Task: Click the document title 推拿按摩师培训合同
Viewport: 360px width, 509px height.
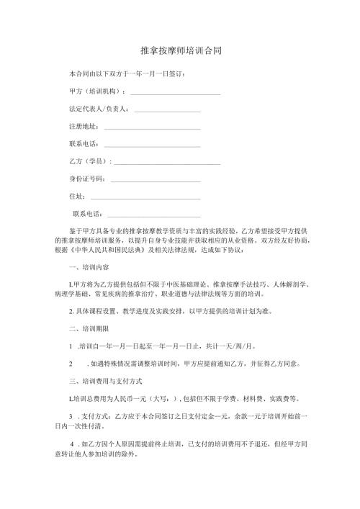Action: point(180,52)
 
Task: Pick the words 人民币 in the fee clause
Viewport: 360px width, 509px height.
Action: point(128,397)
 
